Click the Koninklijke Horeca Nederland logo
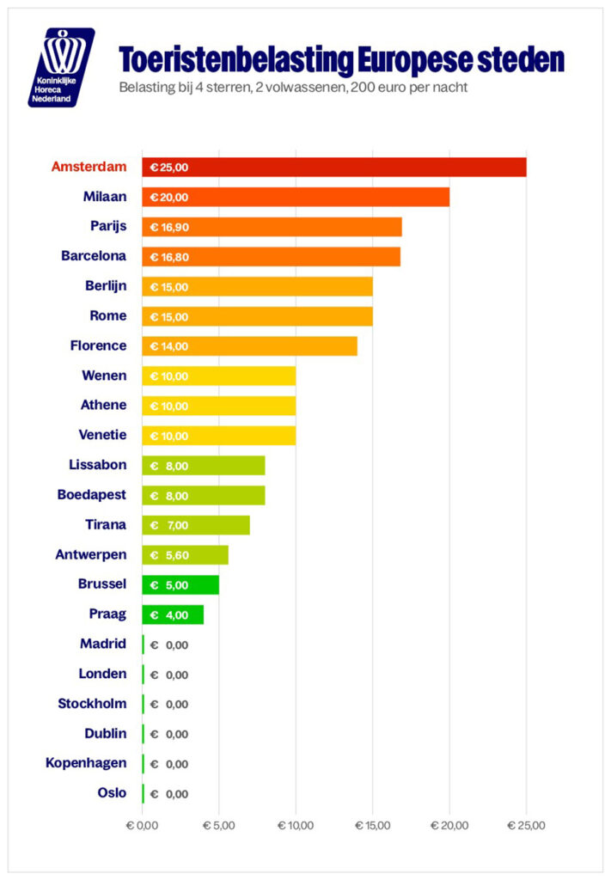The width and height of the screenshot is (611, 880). pos(61,67)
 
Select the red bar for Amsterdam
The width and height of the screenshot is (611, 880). pos(334,168)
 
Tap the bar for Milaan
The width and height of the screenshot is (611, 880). pos(296,197)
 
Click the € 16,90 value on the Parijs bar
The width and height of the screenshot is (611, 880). pos(169,227)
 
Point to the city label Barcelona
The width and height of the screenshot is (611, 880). pos(94,256)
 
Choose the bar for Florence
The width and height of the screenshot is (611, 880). pos(250,346)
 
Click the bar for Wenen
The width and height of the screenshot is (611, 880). pos(219,376)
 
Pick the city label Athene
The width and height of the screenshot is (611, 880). pos(103,405)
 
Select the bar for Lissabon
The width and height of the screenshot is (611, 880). pos(203,466)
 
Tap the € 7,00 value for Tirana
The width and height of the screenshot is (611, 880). pos(169,526)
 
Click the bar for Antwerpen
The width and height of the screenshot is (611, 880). pos(185,555)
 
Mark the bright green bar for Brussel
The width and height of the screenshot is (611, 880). pos(180,584)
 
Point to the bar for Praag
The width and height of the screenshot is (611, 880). pos(173,614)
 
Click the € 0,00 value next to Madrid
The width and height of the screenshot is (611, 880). pos(169,645)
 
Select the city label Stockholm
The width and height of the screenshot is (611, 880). pos(92,704)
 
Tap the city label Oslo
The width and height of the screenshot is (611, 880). pos(112,792)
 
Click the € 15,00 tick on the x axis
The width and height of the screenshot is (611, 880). pos(373,826)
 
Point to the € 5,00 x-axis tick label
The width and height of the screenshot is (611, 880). pos(219,826)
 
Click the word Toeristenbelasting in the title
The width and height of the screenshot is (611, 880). pos(236,61)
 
